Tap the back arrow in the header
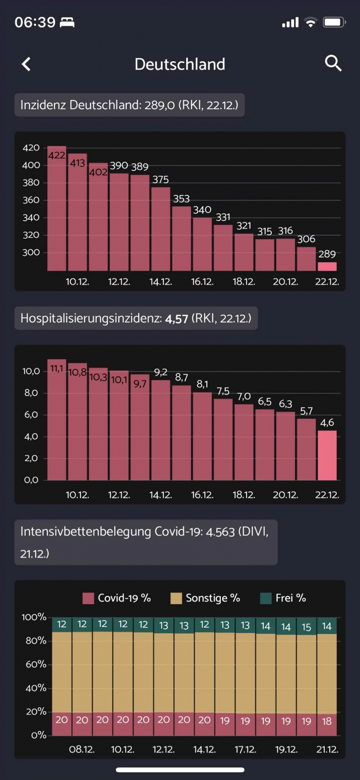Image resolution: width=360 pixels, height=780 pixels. (26, 64)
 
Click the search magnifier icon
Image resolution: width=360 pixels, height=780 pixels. (333, 63)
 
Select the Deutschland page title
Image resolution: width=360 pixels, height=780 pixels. (180, 64)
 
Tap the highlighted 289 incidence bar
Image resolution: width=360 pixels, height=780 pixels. (327, 266)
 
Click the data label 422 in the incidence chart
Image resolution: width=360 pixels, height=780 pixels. (56, 155)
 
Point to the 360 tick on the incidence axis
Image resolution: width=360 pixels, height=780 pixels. (31, 200)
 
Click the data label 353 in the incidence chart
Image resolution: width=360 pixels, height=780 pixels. (181, 199)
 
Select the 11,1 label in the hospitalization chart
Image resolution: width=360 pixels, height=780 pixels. (56, 368)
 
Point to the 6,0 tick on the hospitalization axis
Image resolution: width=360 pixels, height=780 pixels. (31, 415)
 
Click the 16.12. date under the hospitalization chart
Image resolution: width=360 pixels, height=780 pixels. (202, 495)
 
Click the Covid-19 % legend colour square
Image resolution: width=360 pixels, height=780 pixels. (88, 598)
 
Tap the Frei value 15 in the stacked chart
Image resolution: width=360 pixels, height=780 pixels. (306, 627)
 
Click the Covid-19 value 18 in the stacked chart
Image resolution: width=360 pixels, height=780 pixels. (327, 721)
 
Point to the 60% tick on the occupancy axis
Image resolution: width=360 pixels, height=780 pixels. (36, 664)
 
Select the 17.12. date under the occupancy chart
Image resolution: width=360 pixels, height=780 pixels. (245, 749)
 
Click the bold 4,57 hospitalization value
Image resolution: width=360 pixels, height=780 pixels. (176, 318)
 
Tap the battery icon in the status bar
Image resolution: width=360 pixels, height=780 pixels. (334, 22)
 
